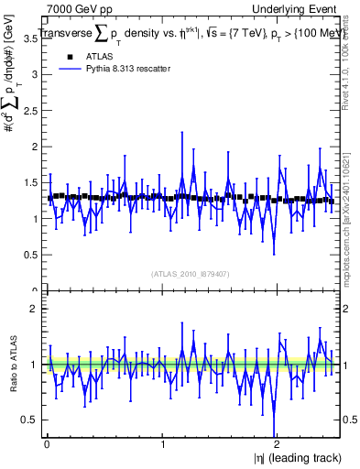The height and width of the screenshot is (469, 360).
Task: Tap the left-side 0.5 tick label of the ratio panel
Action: point(29,420)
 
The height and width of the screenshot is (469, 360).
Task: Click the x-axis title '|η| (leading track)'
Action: point(291,458)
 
